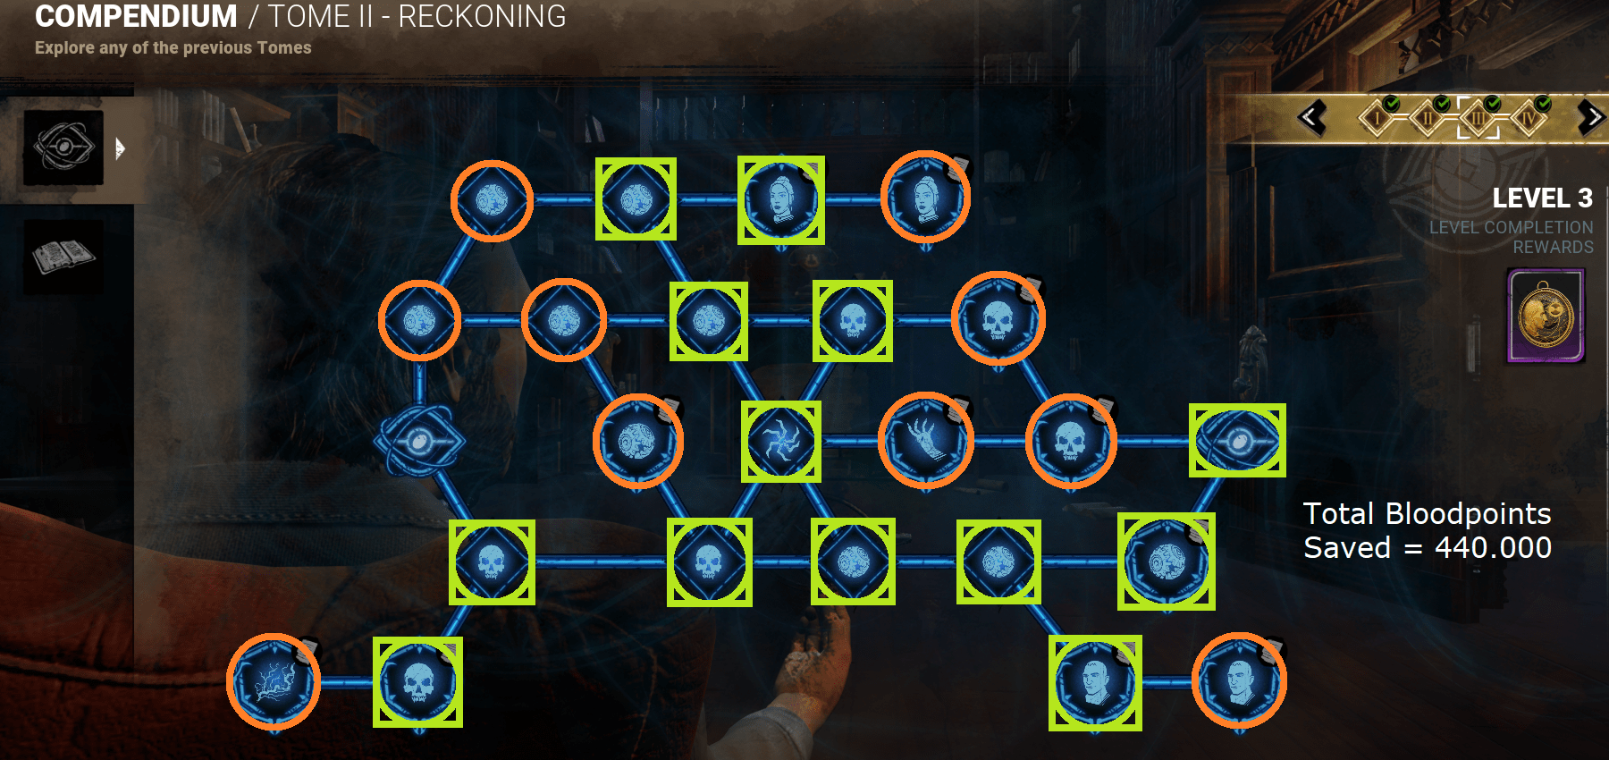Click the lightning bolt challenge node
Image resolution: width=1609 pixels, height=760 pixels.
click(x=274, y=681)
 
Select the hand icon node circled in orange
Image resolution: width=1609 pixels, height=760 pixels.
click(x=926, y=440)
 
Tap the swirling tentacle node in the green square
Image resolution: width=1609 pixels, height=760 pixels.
click(x=781, y=441)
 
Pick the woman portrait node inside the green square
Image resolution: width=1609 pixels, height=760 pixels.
click(x=780, y=199)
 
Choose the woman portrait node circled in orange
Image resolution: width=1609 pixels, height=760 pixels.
click(x=925, y=198)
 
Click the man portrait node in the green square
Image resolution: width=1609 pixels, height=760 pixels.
click(x=1095, y=683)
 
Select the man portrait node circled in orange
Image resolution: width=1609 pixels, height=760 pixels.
click(x=1239, y=680)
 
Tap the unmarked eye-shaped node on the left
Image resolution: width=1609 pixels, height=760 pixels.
click(x=419, y=441)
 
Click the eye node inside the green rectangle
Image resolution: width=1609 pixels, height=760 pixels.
click(x=1237, y=440)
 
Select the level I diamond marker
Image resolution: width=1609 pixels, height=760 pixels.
click(x=1377, y=118)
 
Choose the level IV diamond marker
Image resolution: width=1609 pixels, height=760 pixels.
click(x=1529, y=118)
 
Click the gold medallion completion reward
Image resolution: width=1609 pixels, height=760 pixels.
click(x=1546, y=316)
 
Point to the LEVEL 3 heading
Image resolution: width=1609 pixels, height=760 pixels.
click(x=1542, y=198)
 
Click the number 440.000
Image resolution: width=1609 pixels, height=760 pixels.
click(x=1493, y=547)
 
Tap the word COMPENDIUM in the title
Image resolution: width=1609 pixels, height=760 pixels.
click(x=136, y=16)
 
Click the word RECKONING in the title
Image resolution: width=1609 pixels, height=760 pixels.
click(x=482, y=16)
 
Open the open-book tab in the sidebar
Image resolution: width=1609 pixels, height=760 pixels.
click(x=63, y=258)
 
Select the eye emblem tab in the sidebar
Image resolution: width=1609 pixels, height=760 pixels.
click(x=63, y=148)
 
